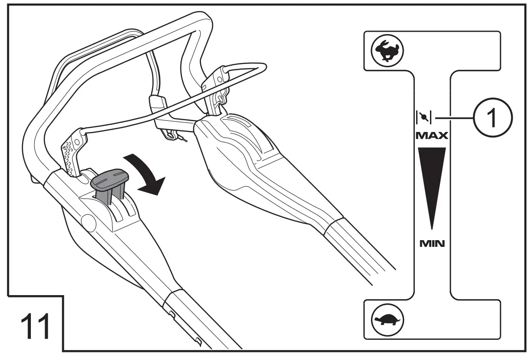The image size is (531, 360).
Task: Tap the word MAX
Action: tap(432, 135)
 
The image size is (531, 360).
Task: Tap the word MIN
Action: tap(432, 244)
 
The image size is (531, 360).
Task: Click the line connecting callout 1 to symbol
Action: tap(454, 118)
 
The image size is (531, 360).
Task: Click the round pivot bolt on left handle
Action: tap(88, 221)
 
